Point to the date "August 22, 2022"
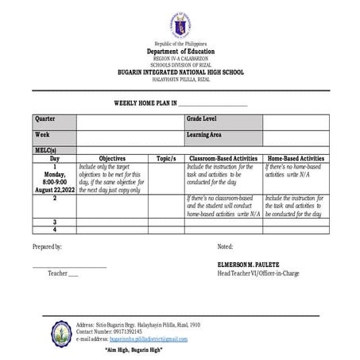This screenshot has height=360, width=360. pos(55,190)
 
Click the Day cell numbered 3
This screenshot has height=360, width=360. pos(55,222)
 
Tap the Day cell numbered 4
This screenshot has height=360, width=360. pos(55,230)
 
